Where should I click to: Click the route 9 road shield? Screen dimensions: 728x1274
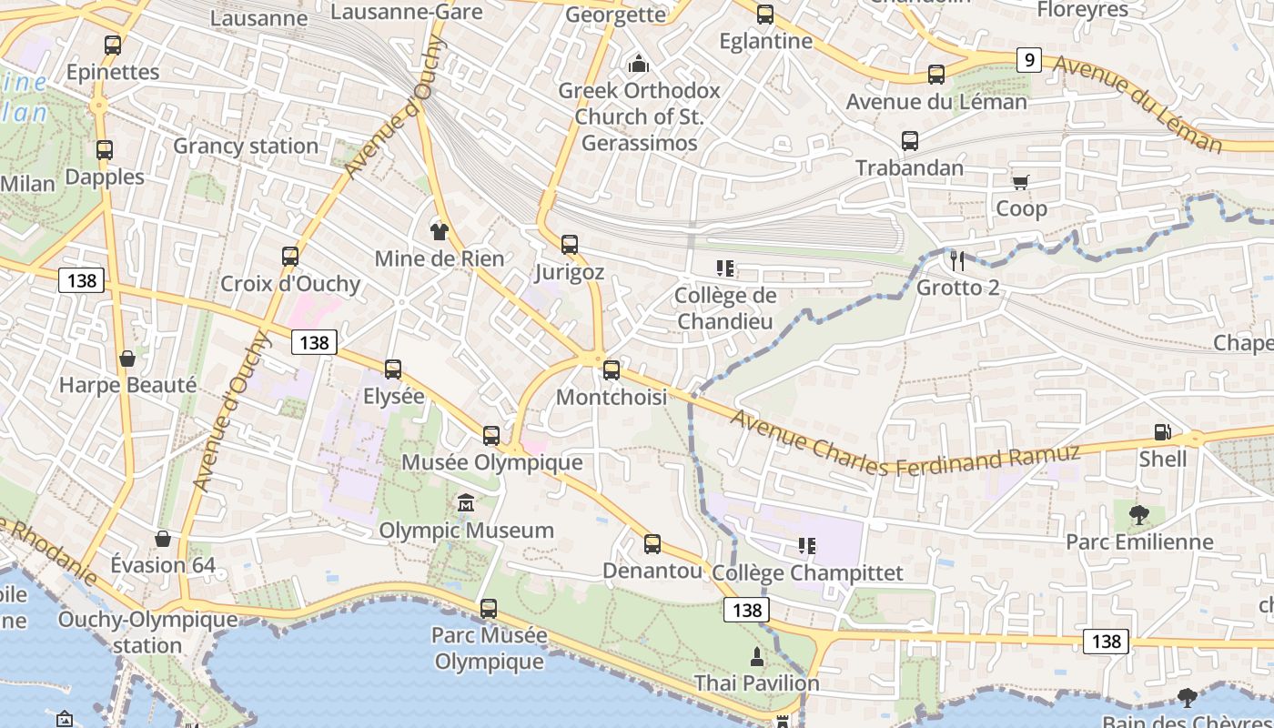(x=1028, y=60)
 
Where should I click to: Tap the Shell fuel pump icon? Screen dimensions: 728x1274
(x=1162, y=432)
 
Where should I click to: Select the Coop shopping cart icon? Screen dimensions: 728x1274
(x=1021, y=182)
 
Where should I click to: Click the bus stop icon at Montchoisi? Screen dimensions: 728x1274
(x=612, y=369)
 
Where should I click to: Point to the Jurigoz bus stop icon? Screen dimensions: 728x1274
(x=570, y=244)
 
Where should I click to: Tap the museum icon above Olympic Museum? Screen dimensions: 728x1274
(x=466, y=502)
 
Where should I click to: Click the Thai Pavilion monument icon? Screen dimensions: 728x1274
(x=756, y=655)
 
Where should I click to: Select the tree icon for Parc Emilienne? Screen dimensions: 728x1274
(x=1138, y=515)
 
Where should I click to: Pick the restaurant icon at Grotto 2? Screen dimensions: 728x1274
(x=956, y=261)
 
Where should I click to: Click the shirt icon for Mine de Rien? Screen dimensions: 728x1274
(x=440, y=231)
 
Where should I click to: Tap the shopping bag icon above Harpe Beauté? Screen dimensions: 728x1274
(x=127, y=359)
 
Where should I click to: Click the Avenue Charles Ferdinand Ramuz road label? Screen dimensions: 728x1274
(x=905, y=446)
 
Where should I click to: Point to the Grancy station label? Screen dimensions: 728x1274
(x=246, y=146)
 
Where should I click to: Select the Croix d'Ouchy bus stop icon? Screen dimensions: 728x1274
(x=290, y=257)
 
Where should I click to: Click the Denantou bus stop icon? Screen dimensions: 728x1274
(x=652, y=544)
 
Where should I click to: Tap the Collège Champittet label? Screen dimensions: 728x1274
(x=808, y=572)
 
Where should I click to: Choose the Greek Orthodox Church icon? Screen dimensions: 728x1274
(x=639, y=64)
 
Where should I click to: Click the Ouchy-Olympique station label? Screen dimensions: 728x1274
(x=147, y=632)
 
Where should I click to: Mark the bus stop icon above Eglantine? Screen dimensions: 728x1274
(x=765, y=15)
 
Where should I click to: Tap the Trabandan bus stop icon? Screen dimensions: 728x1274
(x=910, y=141)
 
